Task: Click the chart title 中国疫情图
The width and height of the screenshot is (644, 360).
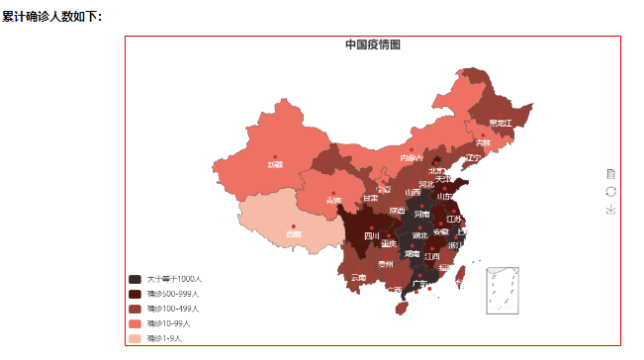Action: pyautogui.click(x=373, y=45)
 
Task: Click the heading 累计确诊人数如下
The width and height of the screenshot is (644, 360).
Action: pyautogui.click(x=51, y=17)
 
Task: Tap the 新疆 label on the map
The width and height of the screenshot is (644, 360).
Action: pyautogui.click(x=274, y=164)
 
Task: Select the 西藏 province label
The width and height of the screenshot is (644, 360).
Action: pyautogui.click(x=294, y=234)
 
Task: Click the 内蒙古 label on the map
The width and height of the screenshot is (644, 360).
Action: pyautogui.click(x=412, y=157)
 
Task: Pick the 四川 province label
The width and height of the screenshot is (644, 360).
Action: pyautogui.click(x=371, y=236)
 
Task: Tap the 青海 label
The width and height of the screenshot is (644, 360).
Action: pyautogui.click(x=333, y=201)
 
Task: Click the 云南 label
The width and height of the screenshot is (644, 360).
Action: pyautogui.click(x=358, y=278)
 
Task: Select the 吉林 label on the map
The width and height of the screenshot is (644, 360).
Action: pyautogui.click(x=482, y=143)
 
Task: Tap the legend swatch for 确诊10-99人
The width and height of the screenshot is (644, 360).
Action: pyautogui.click(x=135, y=323)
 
